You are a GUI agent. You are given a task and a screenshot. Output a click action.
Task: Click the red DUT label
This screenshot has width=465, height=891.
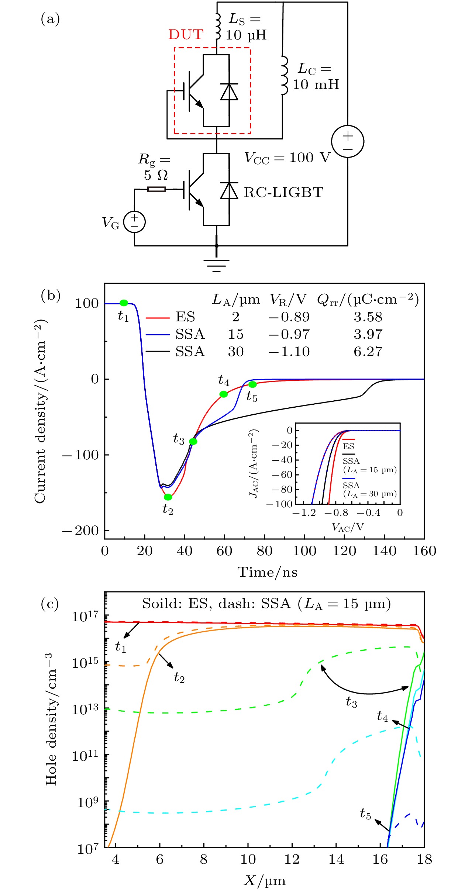tap(186, 35)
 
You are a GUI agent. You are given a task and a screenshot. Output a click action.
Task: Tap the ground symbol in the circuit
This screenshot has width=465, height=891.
tap(216, 265)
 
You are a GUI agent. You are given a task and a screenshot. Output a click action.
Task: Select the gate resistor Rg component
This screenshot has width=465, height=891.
tap(156, 190)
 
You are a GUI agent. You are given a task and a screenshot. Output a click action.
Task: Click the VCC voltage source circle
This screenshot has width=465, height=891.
tap(347, 141)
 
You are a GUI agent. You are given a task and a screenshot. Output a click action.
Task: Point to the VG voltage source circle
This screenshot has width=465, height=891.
tap(134, 222)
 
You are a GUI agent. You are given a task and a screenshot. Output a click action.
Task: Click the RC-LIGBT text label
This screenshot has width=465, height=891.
tap(283, 193)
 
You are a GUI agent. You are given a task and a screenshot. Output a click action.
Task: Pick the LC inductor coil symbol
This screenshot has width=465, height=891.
tap(284, 76)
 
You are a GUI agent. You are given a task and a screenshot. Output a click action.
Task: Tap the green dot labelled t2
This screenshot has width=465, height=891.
tap(168, 497)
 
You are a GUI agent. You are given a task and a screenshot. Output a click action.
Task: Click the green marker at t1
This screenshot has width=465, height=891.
tap(124, 303)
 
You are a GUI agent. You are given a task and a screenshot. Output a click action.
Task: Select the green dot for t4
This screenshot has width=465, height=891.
tap(224, 394)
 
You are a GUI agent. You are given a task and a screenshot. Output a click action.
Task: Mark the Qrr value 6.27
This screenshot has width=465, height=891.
tap(368, 352)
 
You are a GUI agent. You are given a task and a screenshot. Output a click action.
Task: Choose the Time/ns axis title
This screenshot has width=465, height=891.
tap(267, 572)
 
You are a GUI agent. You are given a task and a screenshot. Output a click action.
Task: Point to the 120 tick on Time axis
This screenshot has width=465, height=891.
tap(344, 551)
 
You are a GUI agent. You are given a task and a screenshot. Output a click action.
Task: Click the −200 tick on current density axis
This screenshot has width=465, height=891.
tap(81, 531)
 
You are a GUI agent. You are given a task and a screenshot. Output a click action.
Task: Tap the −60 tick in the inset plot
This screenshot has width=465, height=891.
tap(282, 474)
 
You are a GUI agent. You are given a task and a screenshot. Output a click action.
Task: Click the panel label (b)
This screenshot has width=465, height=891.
tap(51, 296)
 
